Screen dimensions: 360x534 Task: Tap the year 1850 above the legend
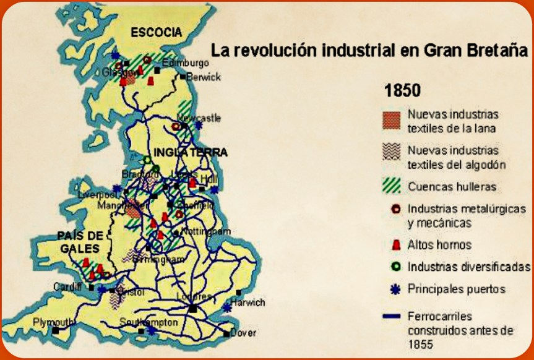pos(402,90)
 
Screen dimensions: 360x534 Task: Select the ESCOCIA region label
pos(157,33)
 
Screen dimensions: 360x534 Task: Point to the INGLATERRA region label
pos(183,152)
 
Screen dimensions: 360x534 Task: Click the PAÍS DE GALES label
pos(79,242)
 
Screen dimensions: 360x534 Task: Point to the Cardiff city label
pos(67,286)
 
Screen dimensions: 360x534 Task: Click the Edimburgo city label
pos(181,63)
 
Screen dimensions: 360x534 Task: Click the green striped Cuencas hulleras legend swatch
pos(390,186)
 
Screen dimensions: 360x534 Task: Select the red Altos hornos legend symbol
pos(390,245)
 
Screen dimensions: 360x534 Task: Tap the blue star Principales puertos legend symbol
pos(390,289)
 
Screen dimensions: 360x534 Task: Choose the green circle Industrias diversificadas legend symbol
pos(390,267)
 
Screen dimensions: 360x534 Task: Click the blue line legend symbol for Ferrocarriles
pos(390,317)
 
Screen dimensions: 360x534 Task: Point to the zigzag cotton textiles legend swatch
pos(390,155)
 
